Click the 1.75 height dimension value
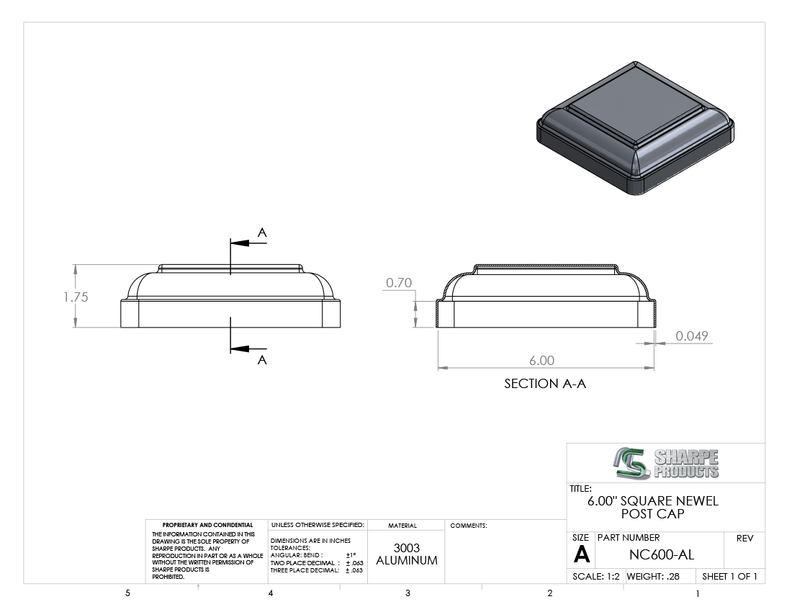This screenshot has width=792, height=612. (x=76, y=297)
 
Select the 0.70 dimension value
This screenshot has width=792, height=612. (x=399, y=283)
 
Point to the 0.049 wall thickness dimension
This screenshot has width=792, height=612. (x=691, y=336)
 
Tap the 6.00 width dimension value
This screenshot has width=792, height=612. (x=541, y=361)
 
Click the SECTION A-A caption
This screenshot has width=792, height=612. (x=545, y=384)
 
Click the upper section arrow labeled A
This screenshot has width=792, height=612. (x=248, y=243)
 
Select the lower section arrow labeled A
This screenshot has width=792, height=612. (x=248, y=349)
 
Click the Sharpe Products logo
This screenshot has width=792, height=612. (x=667, y=463)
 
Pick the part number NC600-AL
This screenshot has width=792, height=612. (x=661, y=555)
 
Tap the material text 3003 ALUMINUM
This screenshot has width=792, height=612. (x=407, y=554)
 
